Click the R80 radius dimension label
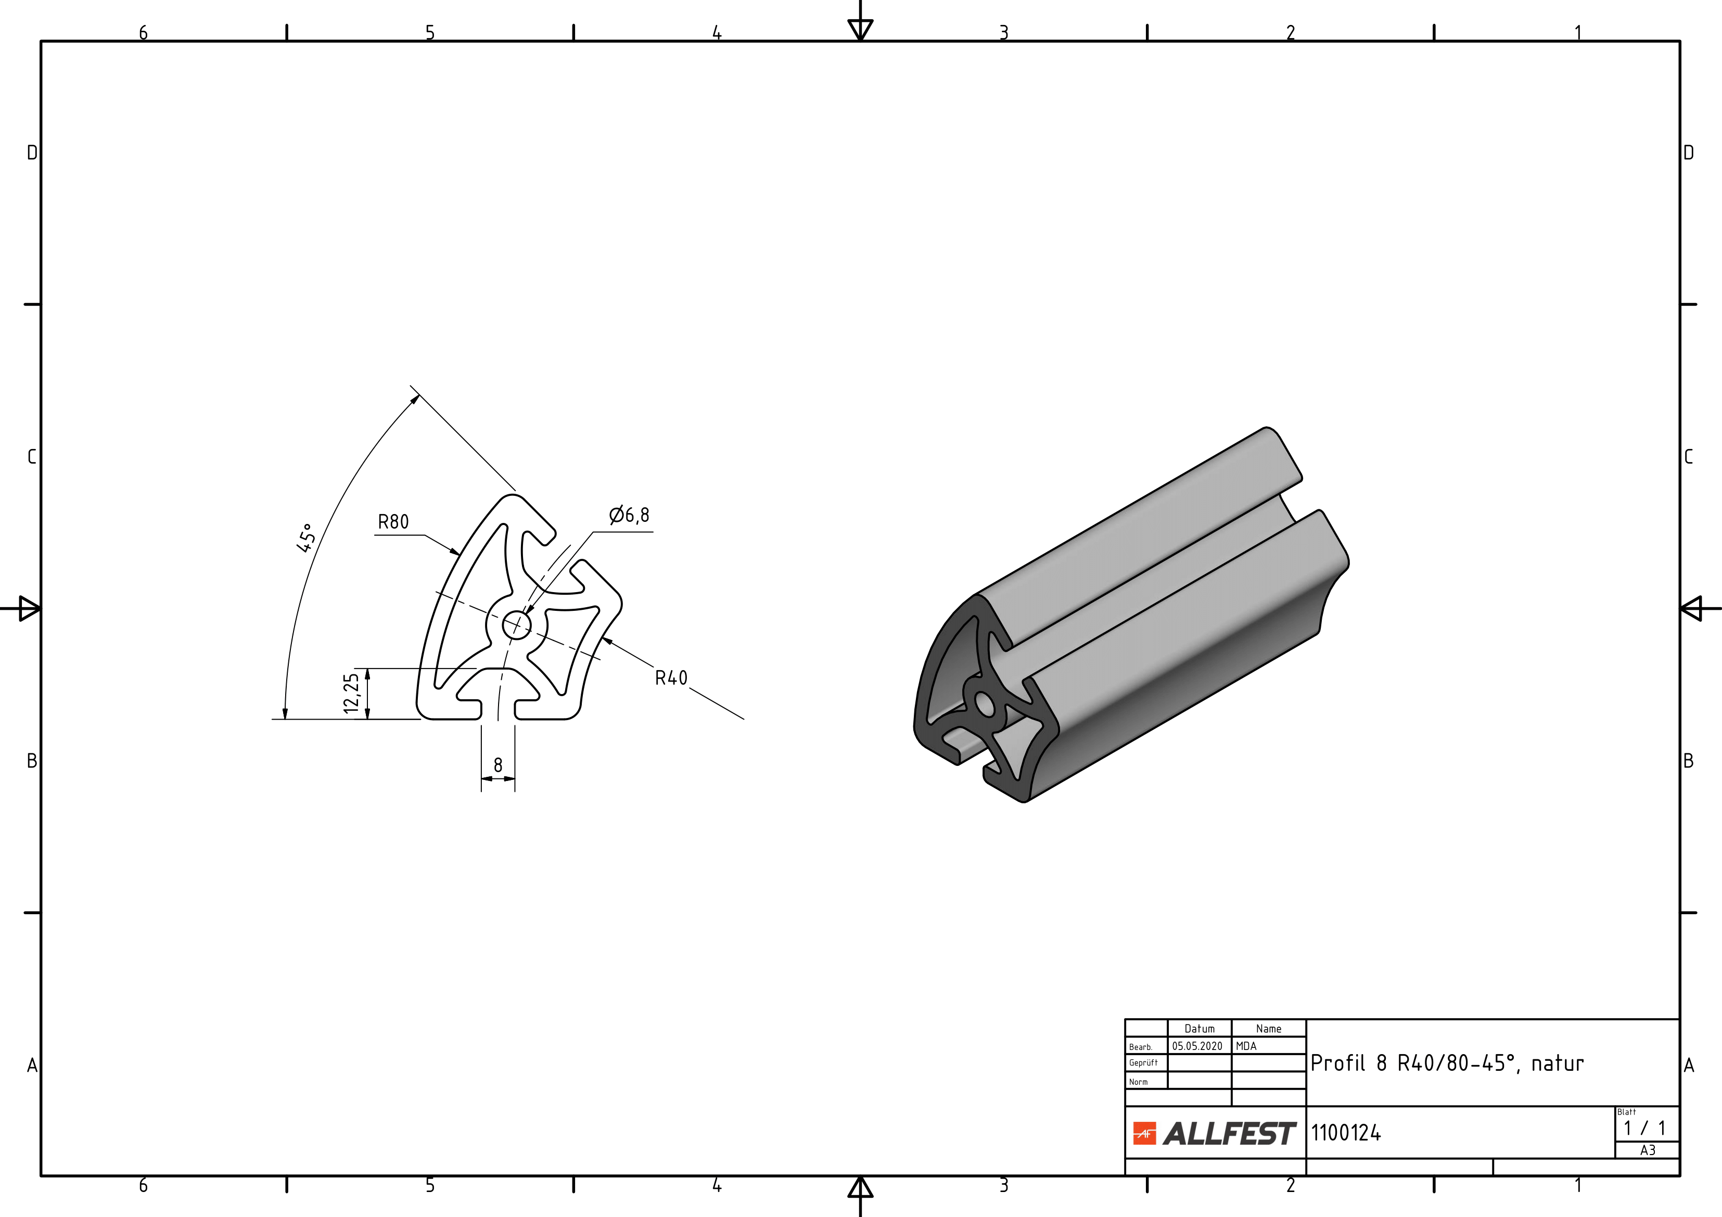click(x=393, y=522)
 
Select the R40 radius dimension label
click(x=671, y=678)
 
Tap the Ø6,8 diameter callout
click(x=629, y=515)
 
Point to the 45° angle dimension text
click(x=306, y=537)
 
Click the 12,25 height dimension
click(x=351, y=694)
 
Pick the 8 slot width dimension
click(x=498, y=765)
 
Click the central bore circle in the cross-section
click(x=516, y=624)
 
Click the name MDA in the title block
click(x=1246, y=1046)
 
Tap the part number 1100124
click(x=1346, y=1133)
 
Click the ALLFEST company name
click(x=1229, y=1134)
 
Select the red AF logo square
click(x=1144, y=1134)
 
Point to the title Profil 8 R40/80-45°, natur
click(x=1447, y=1064)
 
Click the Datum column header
click(x=1199, y=1029)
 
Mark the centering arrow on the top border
click(x=860, y=29)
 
